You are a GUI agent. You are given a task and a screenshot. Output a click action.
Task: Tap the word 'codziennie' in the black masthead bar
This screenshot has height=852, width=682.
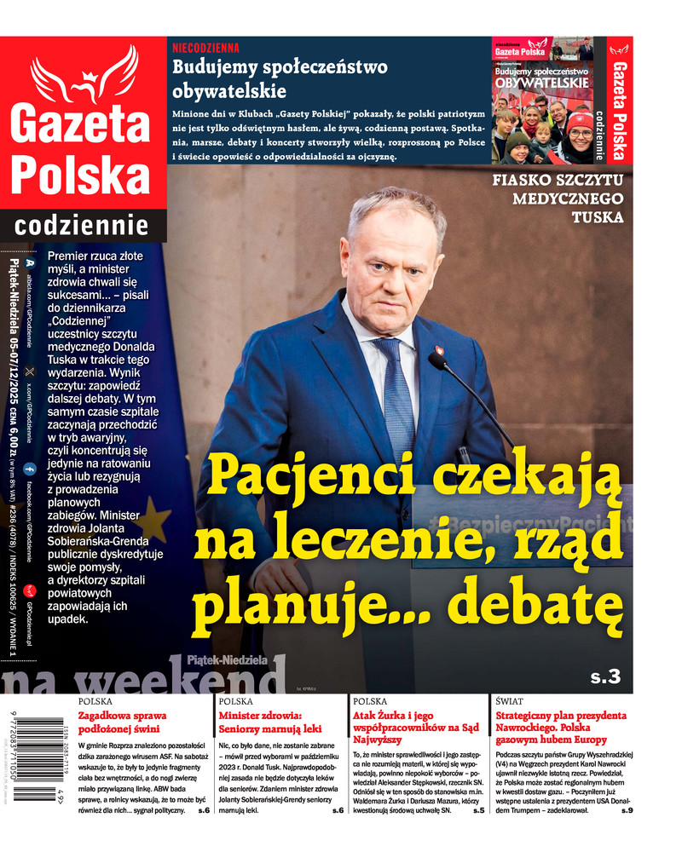pos(83,227)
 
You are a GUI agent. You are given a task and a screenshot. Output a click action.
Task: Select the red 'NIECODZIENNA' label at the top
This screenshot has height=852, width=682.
pos(205,48)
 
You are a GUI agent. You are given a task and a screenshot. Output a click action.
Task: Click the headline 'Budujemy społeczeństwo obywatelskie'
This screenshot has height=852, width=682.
pos(280,79)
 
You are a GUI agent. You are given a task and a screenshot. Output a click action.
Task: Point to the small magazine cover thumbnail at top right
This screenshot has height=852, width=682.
pos(543,101)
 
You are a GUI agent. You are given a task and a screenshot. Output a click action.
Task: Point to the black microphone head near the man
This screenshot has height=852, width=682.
pos(436,361)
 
